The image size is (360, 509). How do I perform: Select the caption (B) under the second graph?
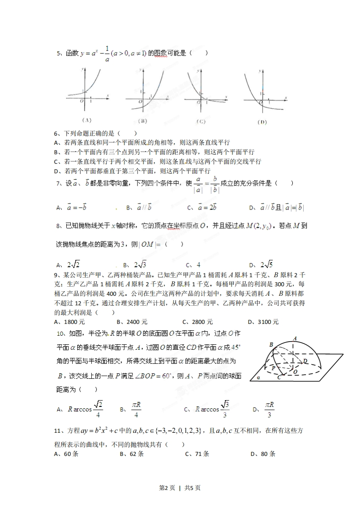point(143,121)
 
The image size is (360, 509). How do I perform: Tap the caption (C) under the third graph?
point(201,121)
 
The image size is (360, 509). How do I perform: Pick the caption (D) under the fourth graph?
point(261,122)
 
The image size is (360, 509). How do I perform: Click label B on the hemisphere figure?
point(271,345)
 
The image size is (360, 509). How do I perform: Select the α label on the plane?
point(258,377)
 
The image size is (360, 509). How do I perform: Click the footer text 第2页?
point(167,488)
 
